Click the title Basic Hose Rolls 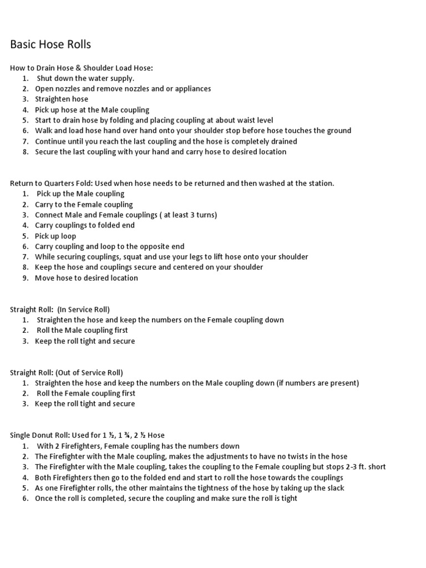coord(50,44)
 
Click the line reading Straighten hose coord(62,99)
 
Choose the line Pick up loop coord(55,236)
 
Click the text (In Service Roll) coord(83,310)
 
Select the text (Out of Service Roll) coord(89,373)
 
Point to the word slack coord(334,488)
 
